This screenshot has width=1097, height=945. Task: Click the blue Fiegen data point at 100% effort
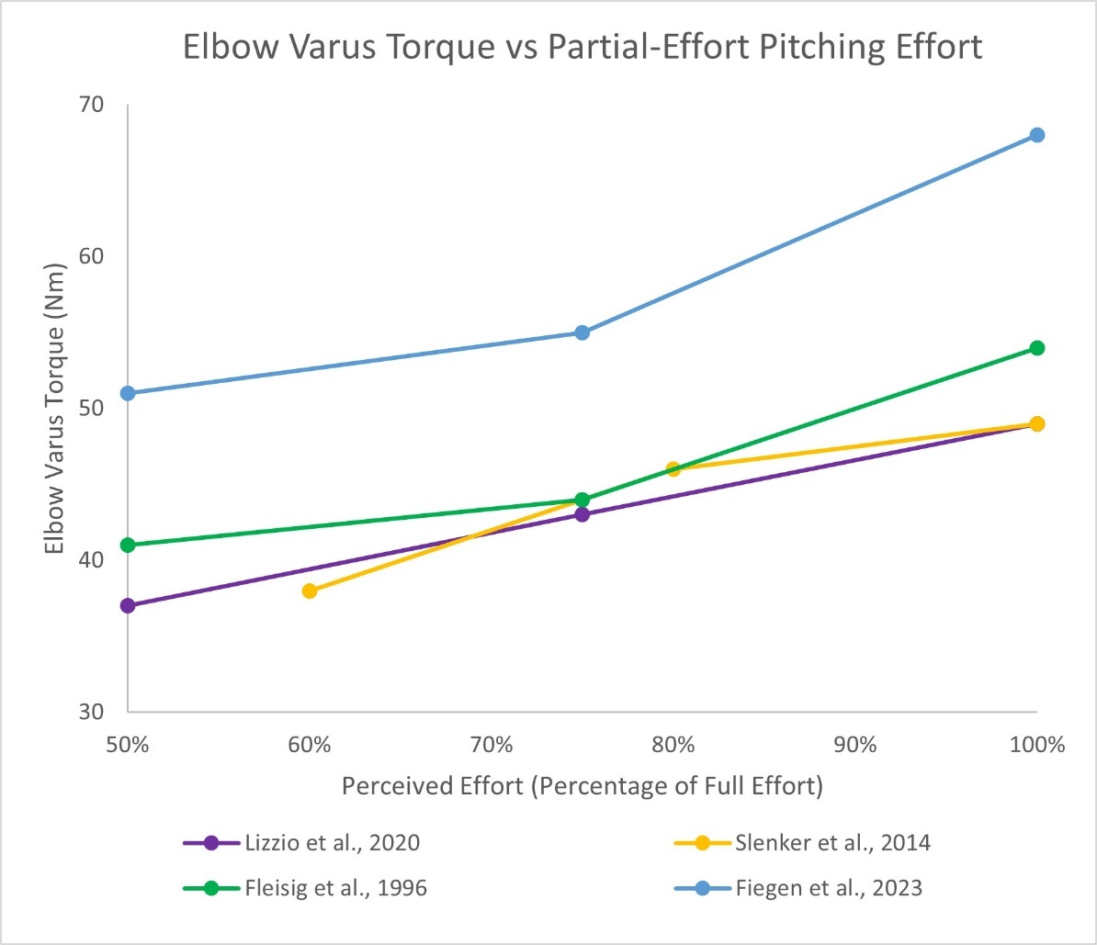[1036, 135]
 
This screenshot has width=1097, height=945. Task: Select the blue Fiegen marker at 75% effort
[582, 332]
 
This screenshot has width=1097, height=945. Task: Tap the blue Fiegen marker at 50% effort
[128, 393]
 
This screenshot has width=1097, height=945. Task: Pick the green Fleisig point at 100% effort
[1036, 348]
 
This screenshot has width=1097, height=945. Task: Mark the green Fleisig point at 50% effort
[128, 545]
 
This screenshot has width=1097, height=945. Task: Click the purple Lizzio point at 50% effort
[128, 605]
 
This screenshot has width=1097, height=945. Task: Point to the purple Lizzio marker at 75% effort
[582, 514]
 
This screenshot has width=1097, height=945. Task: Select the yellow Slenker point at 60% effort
[310, 591]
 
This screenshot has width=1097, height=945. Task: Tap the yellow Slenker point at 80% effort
[673, 469]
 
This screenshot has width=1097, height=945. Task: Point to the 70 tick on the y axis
[92, 105]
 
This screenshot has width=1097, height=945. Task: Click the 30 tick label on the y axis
[92, 712]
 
